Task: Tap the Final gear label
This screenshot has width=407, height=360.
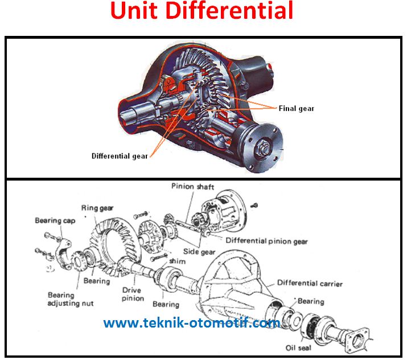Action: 296,108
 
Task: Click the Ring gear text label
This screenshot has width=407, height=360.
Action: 97,208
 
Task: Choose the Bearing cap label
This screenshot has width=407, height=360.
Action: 56,220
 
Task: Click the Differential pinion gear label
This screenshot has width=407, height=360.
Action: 267,241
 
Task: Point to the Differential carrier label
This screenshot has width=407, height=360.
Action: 310,283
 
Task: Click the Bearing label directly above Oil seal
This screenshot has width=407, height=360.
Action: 310,301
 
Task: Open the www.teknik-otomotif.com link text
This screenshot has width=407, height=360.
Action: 191,323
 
